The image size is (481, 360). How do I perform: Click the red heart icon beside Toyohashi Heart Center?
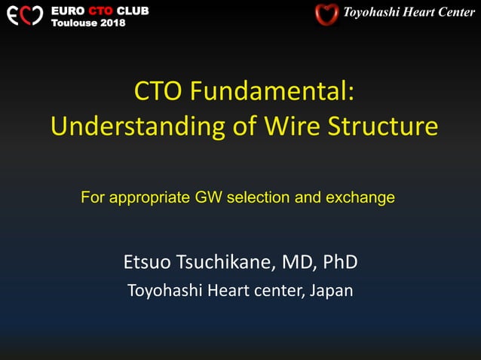326,14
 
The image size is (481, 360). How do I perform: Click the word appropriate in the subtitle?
149,198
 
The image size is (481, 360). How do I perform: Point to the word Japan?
332,290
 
